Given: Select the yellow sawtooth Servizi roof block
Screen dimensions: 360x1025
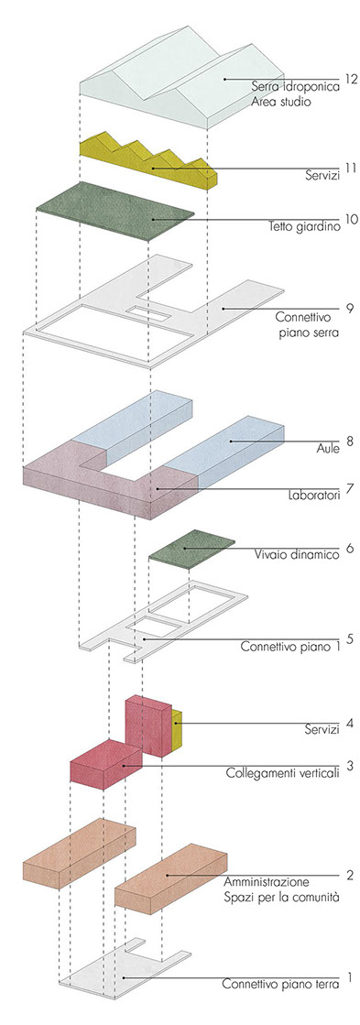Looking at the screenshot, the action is (x=148, y=161).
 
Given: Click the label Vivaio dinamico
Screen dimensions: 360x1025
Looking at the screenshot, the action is (x=297, y=555).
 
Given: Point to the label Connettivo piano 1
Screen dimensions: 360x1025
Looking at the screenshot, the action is (x=290, y=648).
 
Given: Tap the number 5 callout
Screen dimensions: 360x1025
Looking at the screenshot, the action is (x=351, y=638).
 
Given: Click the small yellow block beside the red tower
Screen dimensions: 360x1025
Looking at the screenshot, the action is (x=176, y=730).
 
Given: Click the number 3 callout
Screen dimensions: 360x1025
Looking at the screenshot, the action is (x=351, y=764).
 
